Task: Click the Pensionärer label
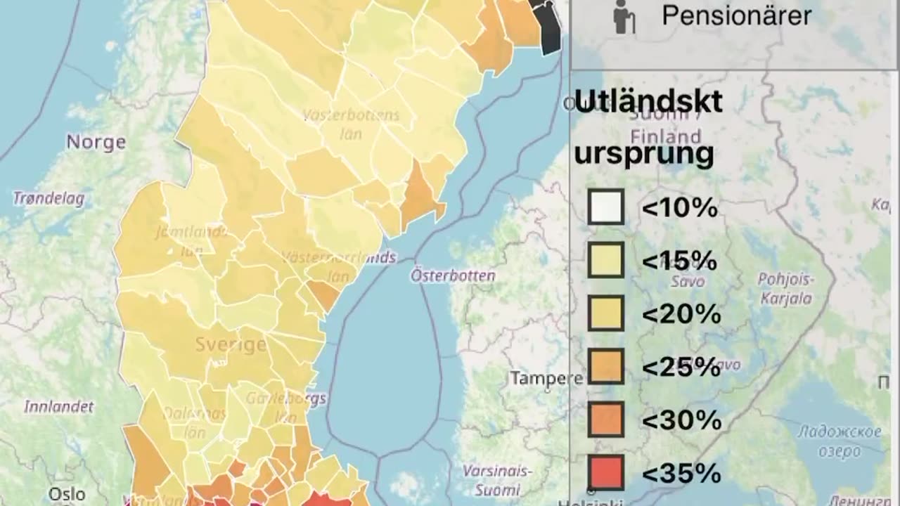pos(736,15)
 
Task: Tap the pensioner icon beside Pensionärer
pos(623,17)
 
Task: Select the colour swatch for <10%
pos(605,207)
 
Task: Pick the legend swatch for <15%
pos(605,261)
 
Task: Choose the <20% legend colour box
pos(605,313)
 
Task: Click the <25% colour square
pos(605,366)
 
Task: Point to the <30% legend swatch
pos(605,420)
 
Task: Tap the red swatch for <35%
pos(605,472)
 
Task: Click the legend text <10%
pos(679,208)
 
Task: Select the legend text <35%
pos(681,473)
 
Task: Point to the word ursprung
pos(643,153)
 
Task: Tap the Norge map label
pos(96,142)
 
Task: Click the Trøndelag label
pos(49,199)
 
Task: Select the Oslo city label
pos(67,494)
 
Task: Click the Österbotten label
pos(453,275)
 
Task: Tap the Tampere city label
pos(546,379)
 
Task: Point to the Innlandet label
pos(58,406)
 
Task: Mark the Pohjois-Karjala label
pos(785,289)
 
